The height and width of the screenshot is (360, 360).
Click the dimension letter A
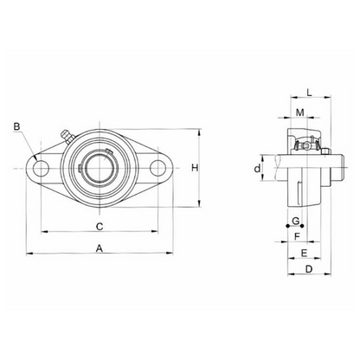(100, 247)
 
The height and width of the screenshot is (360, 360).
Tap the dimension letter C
(100, 226)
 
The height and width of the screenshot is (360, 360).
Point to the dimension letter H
(196, 167)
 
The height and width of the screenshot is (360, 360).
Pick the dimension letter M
(299, 113)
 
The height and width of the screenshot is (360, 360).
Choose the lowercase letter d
(258, 167)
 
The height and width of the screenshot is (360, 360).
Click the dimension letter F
(297, 235)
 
